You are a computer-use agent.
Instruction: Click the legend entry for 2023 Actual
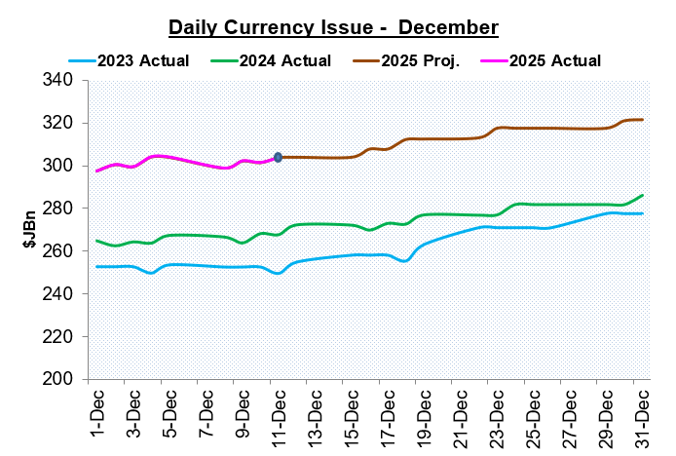(142, 60)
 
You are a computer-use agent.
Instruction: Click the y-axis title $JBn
(29, 230)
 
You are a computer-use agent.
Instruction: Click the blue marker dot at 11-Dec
(279, 157)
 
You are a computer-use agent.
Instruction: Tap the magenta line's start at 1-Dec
(96, 171)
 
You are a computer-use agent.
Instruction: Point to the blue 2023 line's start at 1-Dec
(96, 266)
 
